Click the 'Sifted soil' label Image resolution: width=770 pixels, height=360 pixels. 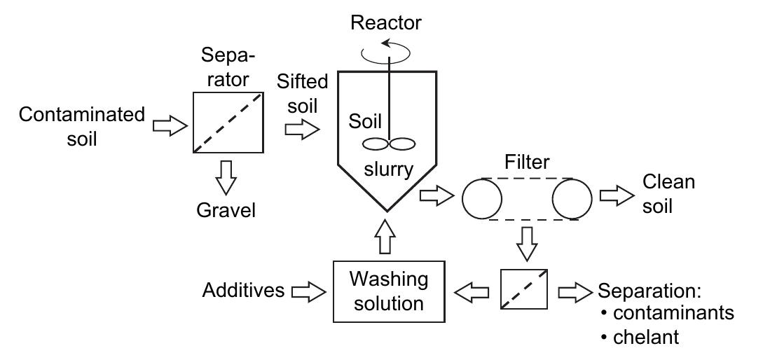(x=302, y=92)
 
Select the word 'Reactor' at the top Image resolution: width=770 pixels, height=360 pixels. (x=385, y=22)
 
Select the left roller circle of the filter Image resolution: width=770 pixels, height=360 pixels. (x=482, y=200)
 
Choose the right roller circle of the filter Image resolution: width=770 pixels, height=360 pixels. (x=572, y=200)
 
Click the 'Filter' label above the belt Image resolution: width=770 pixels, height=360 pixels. (x=527, y=163)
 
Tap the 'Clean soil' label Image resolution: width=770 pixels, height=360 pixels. (x=668, y=194)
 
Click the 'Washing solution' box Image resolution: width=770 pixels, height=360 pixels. (x=388, y=291)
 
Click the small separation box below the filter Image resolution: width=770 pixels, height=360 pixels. (x=524, y=289)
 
